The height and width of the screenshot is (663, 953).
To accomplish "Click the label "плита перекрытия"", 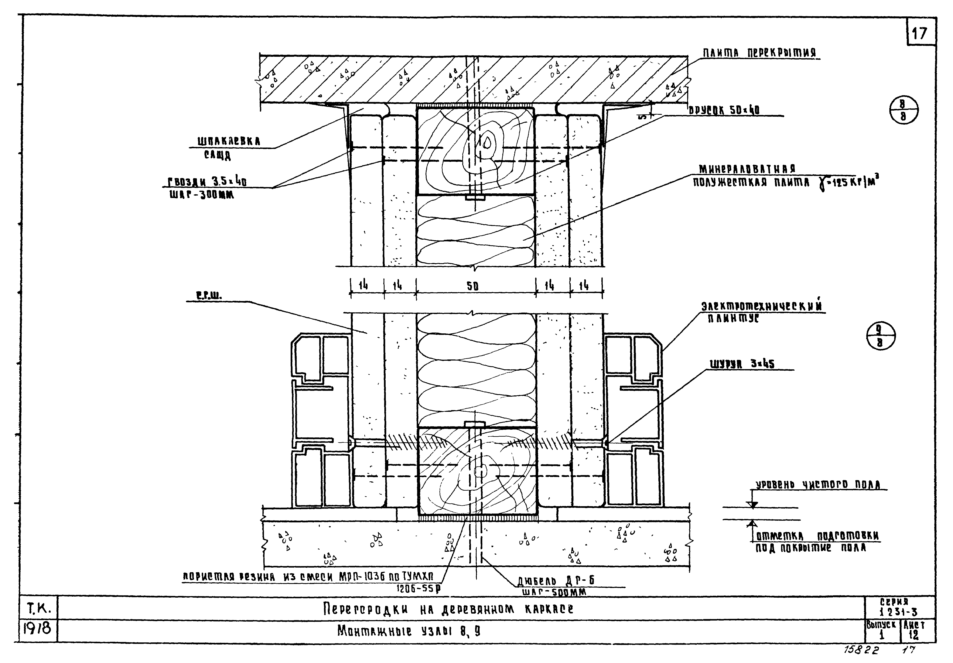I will (x=759, y=53).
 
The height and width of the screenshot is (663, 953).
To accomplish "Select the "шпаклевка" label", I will (x=229, y=141).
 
